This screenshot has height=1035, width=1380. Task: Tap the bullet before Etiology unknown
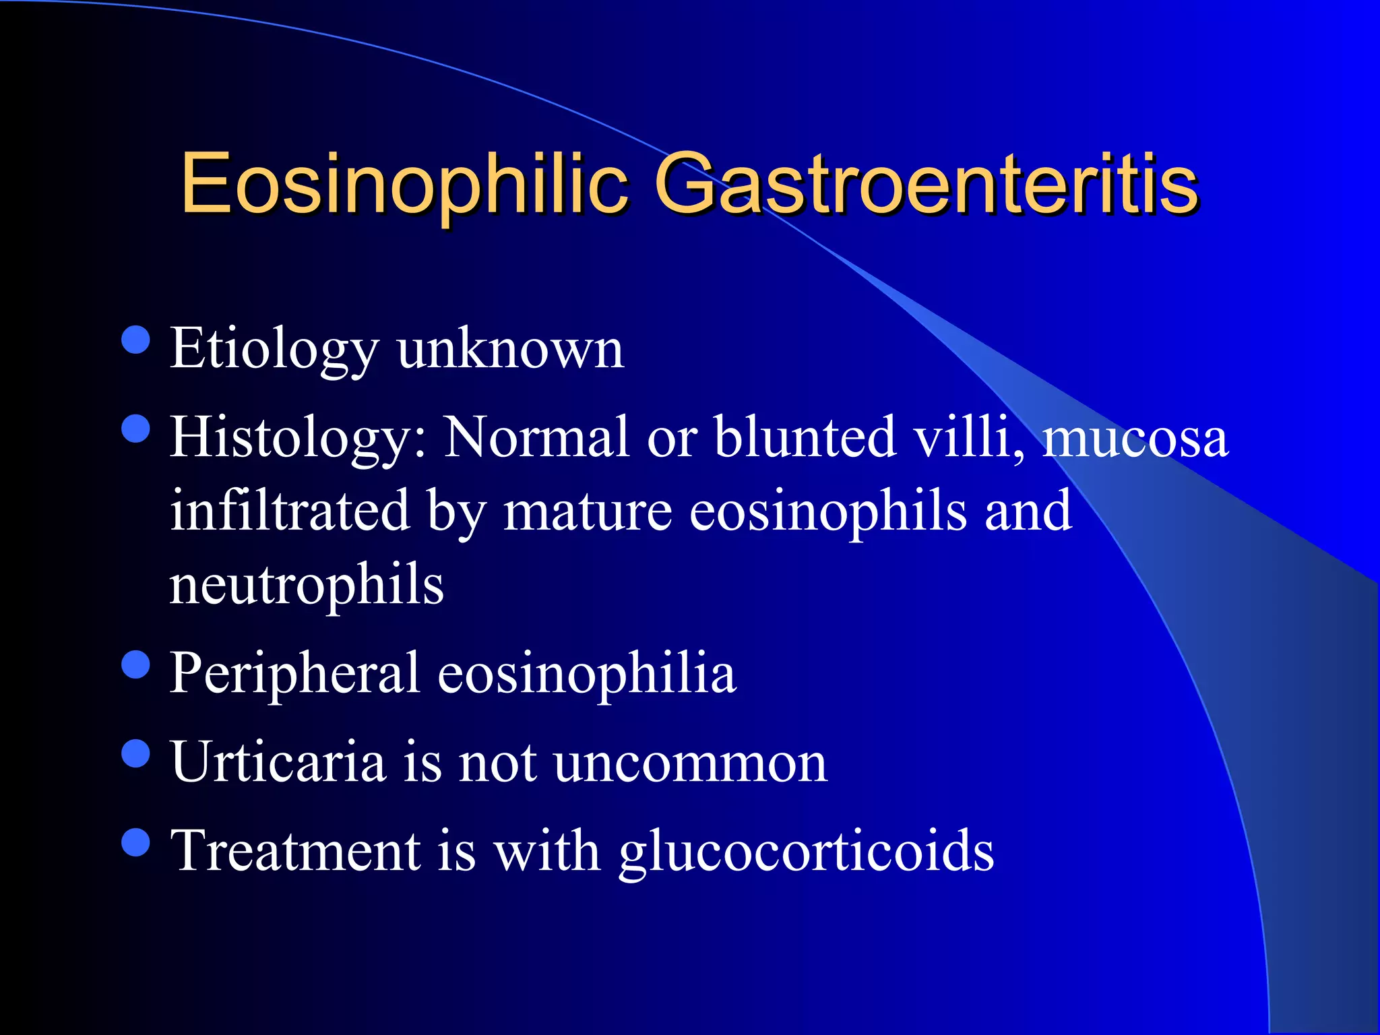click(136, 340)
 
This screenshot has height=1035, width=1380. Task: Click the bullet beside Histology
click(136, 429)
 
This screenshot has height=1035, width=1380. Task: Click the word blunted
click(805, 438)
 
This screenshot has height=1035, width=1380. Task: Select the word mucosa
click(1136, 438)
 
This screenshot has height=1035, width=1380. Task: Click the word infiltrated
click(290, 511)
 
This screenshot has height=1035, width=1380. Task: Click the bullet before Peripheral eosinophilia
click(136, 664)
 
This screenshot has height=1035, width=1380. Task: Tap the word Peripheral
click(294, 674)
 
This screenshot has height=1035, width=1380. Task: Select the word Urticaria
click(278, 763)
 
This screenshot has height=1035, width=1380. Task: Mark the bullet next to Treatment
click(136, 842)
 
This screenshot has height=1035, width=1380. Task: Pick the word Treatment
click(296, 851)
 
